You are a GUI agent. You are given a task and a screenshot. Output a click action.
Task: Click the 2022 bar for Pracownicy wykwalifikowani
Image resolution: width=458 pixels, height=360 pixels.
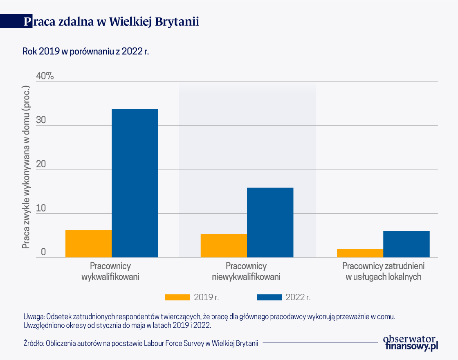coord(135,183)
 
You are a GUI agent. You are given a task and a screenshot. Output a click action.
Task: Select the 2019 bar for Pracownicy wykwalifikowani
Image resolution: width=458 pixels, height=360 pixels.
coord(88,243)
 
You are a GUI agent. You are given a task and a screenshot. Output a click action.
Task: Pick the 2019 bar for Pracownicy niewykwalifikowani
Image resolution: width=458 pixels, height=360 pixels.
coord(224,245)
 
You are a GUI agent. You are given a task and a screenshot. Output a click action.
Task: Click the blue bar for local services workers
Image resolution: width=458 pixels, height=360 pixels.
coord(406,244)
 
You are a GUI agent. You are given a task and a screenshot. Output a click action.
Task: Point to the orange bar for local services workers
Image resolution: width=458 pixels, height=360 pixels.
coord(360,253)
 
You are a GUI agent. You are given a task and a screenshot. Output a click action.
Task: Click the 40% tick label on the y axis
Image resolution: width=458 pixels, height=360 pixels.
coord(45,76)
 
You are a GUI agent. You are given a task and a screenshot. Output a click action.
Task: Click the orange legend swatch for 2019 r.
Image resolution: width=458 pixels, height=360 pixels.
coord(177,297)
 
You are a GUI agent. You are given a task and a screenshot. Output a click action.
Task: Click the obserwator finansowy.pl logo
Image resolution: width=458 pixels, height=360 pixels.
coord(410,342)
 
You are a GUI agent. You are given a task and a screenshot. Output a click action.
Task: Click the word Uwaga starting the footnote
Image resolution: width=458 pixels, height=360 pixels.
coord(34,317)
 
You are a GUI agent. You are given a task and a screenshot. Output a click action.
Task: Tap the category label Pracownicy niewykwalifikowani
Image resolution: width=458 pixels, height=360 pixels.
coord(246,271)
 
